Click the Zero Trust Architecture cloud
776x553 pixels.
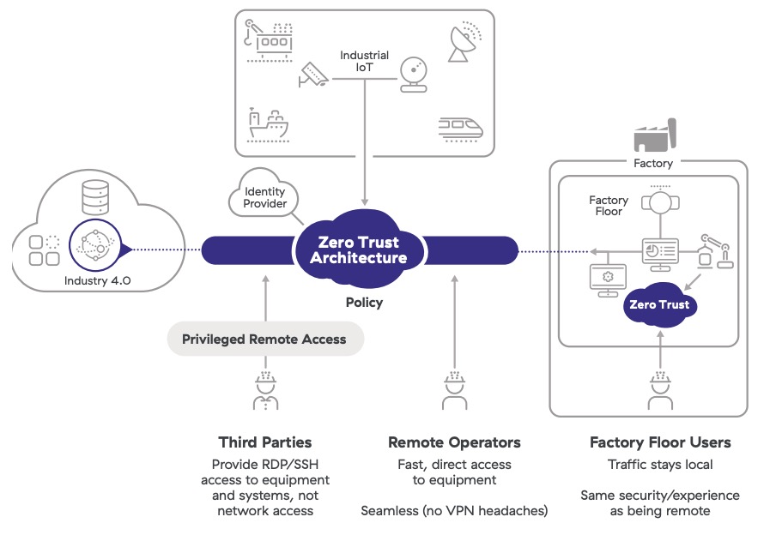[x=358, y=250]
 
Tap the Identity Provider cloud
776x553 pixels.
[x=264, y=198]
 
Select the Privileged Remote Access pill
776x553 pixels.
[x=264, y=340]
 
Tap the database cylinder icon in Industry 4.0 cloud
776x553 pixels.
[x=94, y=199]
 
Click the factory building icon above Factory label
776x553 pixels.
[x=654, y=135]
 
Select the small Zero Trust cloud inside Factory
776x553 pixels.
[x=658, y=305]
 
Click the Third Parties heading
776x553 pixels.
[x=264, y=442]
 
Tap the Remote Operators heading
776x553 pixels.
[x=454, y=442]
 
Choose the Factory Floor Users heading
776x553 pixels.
[x=659, y=442]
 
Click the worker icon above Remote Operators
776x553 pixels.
[x=453, y=391]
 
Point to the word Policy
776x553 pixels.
[x=364, y=303]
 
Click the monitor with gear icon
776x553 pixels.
[x=607, y=280]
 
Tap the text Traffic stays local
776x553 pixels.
[x=659, y=465]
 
